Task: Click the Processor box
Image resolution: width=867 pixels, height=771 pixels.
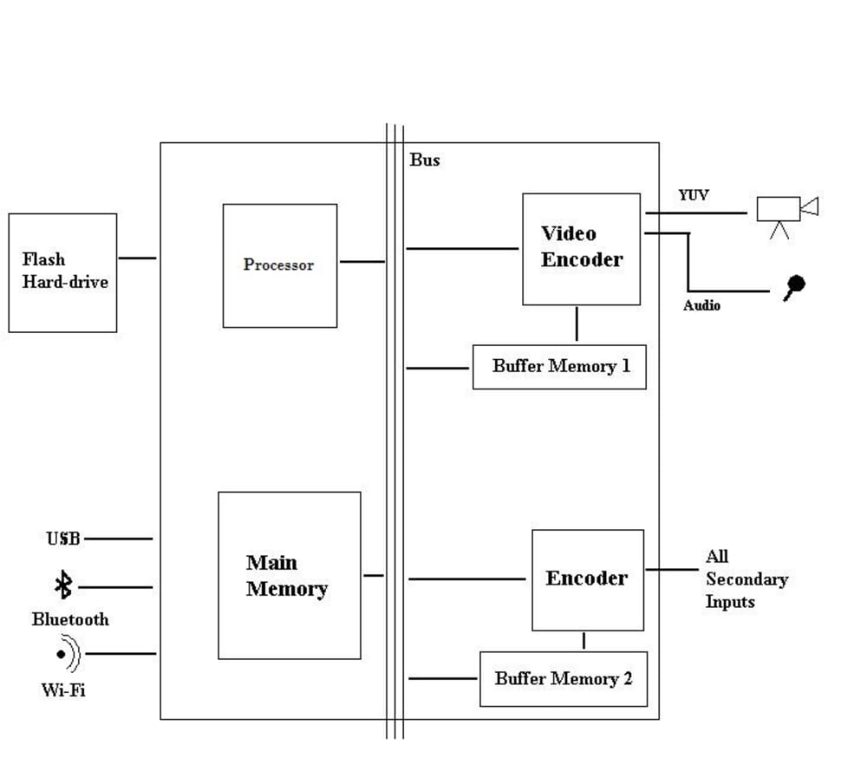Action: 279,265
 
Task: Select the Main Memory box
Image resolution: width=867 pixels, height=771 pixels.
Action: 289,575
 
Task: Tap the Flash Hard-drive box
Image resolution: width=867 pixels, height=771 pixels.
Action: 62,272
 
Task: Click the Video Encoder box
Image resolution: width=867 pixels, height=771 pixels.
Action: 581,249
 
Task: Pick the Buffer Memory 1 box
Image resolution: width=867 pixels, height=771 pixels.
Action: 559,366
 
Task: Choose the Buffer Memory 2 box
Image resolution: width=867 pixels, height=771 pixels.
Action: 564,678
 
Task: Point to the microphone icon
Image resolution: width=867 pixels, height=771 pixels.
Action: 793,286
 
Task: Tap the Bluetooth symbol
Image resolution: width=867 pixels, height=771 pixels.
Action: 62,585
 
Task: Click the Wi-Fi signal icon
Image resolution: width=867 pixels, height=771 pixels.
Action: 67,655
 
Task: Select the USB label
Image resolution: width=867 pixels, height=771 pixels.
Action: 63,539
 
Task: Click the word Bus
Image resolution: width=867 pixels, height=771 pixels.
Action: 424,160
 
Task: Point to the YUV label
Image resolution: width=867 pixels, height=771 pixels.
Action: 694,195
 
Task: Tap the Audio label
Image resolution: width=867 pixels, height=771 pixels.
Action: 701,305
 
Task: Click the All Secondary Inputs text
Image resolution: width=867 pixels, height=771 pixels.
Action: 745,578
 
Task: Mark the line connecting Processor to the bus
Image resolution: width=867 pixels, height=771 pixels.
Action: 362,261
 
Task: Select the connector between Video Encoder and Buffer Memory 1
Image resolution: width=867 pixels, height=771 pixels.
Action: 577,324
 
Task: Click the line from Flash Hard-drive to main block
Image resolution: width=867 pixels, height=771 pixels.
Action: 137,258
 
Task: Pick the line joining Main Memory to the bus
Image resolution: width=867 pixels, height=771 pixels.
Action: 374,575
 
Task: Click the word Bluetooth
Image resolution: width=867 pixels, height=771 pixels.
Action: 70,619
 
